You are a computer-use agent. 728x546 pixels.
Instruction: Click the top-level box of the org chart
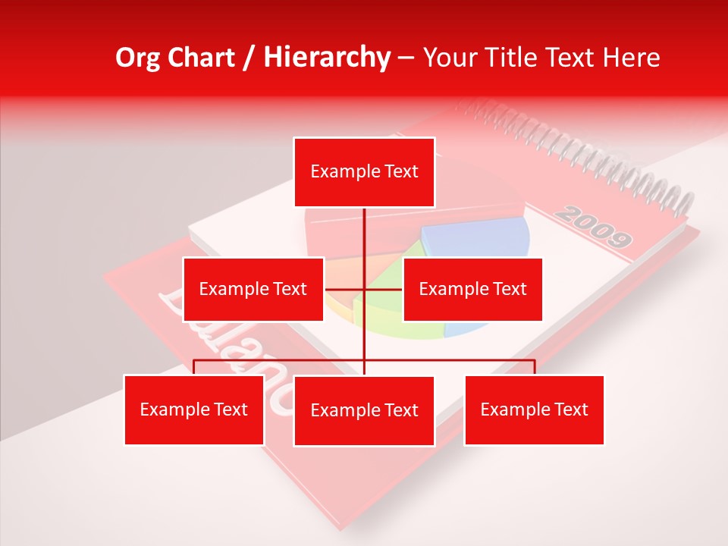364,172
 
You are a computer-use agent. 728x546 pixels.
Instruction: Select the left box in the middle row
253,289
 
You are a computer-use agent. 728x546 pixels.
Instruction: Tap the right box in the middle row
472,289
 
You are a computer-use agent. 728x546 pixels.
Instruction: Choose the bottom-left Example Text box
194,409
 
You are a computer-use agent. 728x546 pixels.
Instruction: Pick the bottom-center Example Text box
364,410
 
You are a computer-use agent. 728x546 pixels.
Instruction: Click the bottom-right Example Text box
534,409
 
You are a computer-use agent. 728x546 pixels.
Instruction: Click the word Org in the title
136,58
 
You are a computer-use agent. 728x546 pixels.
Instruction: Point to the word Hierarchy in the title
327,58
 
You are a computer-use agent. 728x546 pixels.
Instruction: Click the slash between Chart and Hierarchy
249,58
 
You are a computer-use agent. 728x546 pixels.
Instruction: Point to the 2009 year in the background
592,225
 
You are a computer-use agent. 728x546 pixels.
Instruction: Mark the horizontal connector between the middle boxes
363,289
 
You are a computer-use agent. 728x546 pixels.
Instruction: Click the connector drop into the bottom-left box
194,367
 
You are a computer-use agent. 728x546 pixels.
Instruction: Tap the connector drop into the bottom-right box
535,367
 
